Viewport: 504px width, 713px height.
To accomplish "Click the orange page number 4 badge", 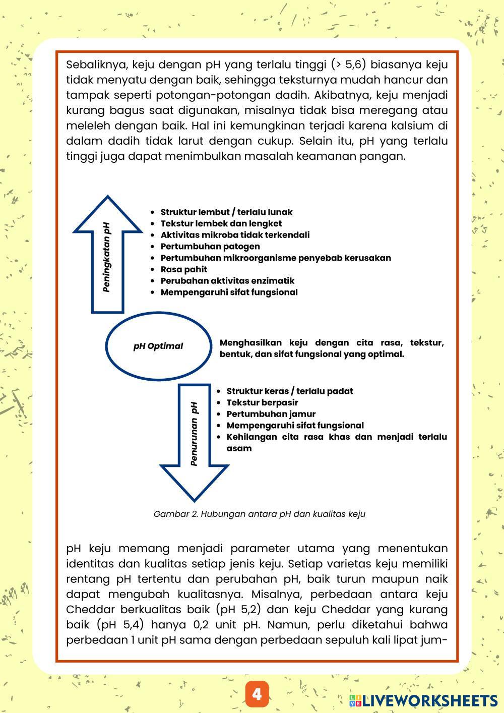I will click(x=257, y=694).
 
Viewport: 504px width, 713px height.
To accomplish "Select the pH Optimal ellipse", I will click(x=158, y=346).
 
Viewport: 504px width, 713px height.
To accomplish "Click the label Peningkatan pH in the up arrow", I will click(x=107, y=257).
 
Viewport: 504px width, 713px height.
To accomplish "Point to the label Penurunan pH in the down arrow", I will click(x=194, y=434).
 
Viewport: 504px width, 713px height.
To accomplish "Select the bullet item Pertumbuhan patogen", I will click(x=210, y=246).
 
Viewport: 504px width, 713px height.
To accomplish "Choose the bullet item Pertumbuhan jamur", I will click(x=271, y=414).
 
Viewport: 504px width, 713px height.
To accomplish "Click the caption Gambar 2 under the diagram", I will click(x=259, y=514).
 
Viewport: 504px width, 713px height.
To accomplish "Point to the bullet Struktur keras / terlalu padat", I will click(x=289, y=391).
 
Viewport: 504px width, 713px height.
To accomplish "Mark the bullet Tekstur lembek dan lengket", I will click(x=221, y=223).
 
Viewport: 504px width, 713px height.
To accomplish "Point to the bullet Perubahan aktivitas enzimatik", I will click(x=227, y=281).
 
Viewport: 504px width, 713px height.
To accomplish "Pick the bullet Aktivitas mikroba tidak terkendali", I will click(x=235, y=235).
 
